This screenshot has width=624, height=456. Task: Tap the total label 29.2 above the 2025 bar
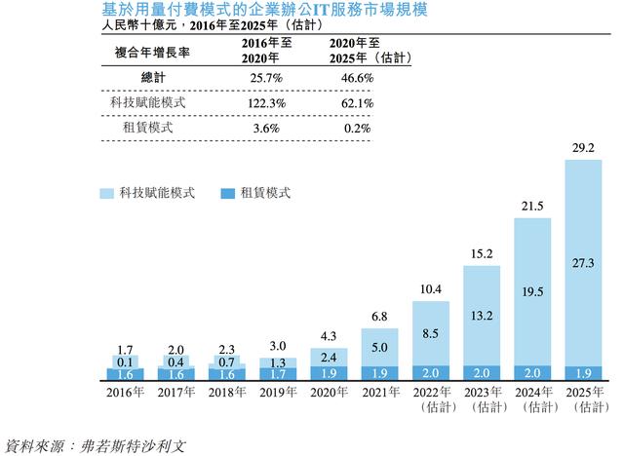(583, 148)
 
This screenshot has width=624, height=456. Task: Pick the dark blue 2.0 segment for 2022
(431, 373)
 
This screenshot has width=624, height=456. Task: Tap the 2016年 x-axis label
(127, 393)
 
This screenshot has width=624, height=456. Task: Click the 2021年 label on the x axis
(380, 393)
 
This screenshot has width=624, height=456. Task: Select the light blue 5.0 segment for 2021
(380, 347)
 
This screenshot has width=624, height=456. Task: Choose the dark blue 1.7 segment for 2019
(279, 373)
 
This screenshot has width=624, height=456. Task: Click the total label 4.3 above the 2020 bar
(330, 338)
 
